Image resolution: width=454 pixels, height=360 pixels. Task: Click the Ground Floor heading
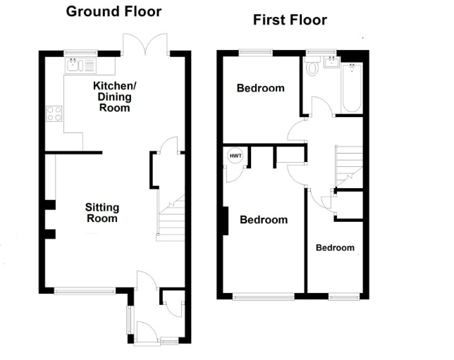114,12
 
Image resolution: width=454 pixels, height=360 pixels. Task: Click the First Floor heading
290,20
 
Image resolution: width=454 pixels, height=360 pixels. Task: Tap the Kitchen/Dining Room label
115,97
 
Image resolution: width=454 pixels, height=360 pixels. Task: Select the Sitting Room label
102,213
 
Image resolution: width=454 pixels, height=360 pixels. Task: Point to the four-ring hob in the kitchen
54,113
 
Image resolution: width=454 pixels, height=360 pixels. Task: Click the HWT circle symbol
235,156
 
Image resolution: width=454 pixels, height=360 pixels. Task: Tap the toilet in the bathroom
312,66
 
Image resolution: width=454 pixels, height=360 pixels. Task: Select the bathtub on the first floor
352,88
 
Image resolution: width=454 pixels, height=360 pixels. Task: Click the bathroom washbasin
332,62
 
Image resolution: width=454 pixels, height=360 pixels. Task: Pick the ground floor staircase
171,218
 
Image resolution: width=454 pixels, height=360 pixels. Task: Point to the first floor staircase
349,166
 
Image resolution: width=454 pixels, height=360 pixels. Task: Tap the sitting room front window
85,291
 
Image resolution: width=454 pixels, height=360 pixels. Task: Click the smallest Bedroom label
335,248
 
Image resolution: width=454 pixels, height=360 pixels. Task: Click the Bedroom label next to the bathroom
261,88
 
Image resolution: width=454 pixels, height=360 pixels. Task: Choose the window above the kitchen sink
80,54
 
